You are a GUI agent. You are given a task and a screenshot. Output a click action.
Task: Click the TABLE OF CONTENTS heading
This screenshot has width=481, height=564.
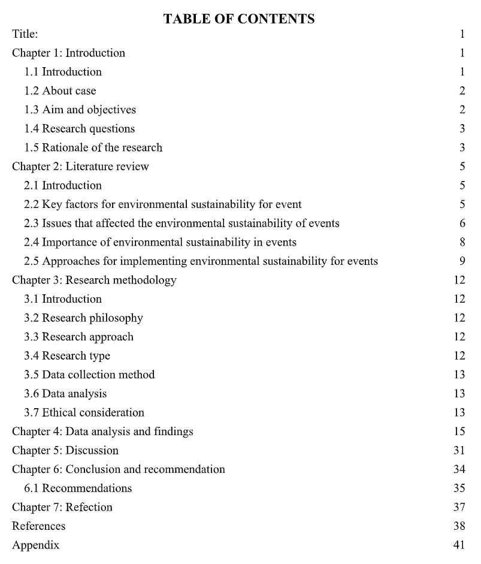coord(239,19)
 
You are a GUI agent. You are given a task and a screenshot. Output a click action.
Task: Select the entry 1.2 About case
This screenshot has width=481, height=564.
coord(60,91)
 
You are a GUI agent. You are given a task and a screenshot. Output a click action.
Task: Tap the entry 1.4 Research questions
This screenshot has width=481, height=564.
coord(79,129)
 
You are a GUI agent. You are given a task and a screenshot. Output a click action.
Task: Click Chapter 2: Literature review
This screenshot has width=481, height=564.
coord(80,167)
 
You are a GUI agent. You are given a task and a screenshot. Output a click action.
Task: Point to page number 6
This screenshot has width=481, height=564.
coord(462,224)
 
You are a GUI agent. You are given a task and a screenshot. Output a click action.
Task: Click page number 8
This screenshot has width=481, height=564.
coord(462,243)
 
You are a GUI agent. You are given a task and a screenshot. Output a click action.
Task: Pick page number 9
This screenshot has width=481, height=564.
coord(462,261)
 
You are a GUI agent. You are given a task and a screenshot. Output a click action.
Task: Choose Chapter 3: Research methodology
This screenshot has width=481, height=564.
coord(94,281)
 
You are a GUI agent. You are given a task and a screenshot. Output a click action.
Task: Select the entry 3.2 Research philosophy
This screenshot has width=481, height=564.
coord(83,318)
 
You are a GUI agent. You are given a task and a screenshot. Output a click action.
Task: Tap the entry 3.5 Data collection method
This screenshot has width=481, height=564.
coord(89,375)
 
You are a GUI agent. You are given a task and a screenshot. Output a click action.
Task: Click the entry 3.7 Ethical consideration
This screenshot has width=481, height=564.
coord(84,413)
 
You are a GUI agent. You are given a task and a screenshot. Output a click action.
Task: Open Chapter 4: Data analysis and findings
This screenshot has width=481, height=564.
coord(102,432)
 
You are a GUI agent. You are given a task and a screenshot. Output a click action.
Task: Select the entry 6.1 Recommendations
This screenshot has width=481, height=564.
coord(78,488)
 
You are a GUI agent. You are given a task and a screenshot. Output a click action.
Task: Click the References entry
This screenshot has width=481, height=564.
coord(39,526)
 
